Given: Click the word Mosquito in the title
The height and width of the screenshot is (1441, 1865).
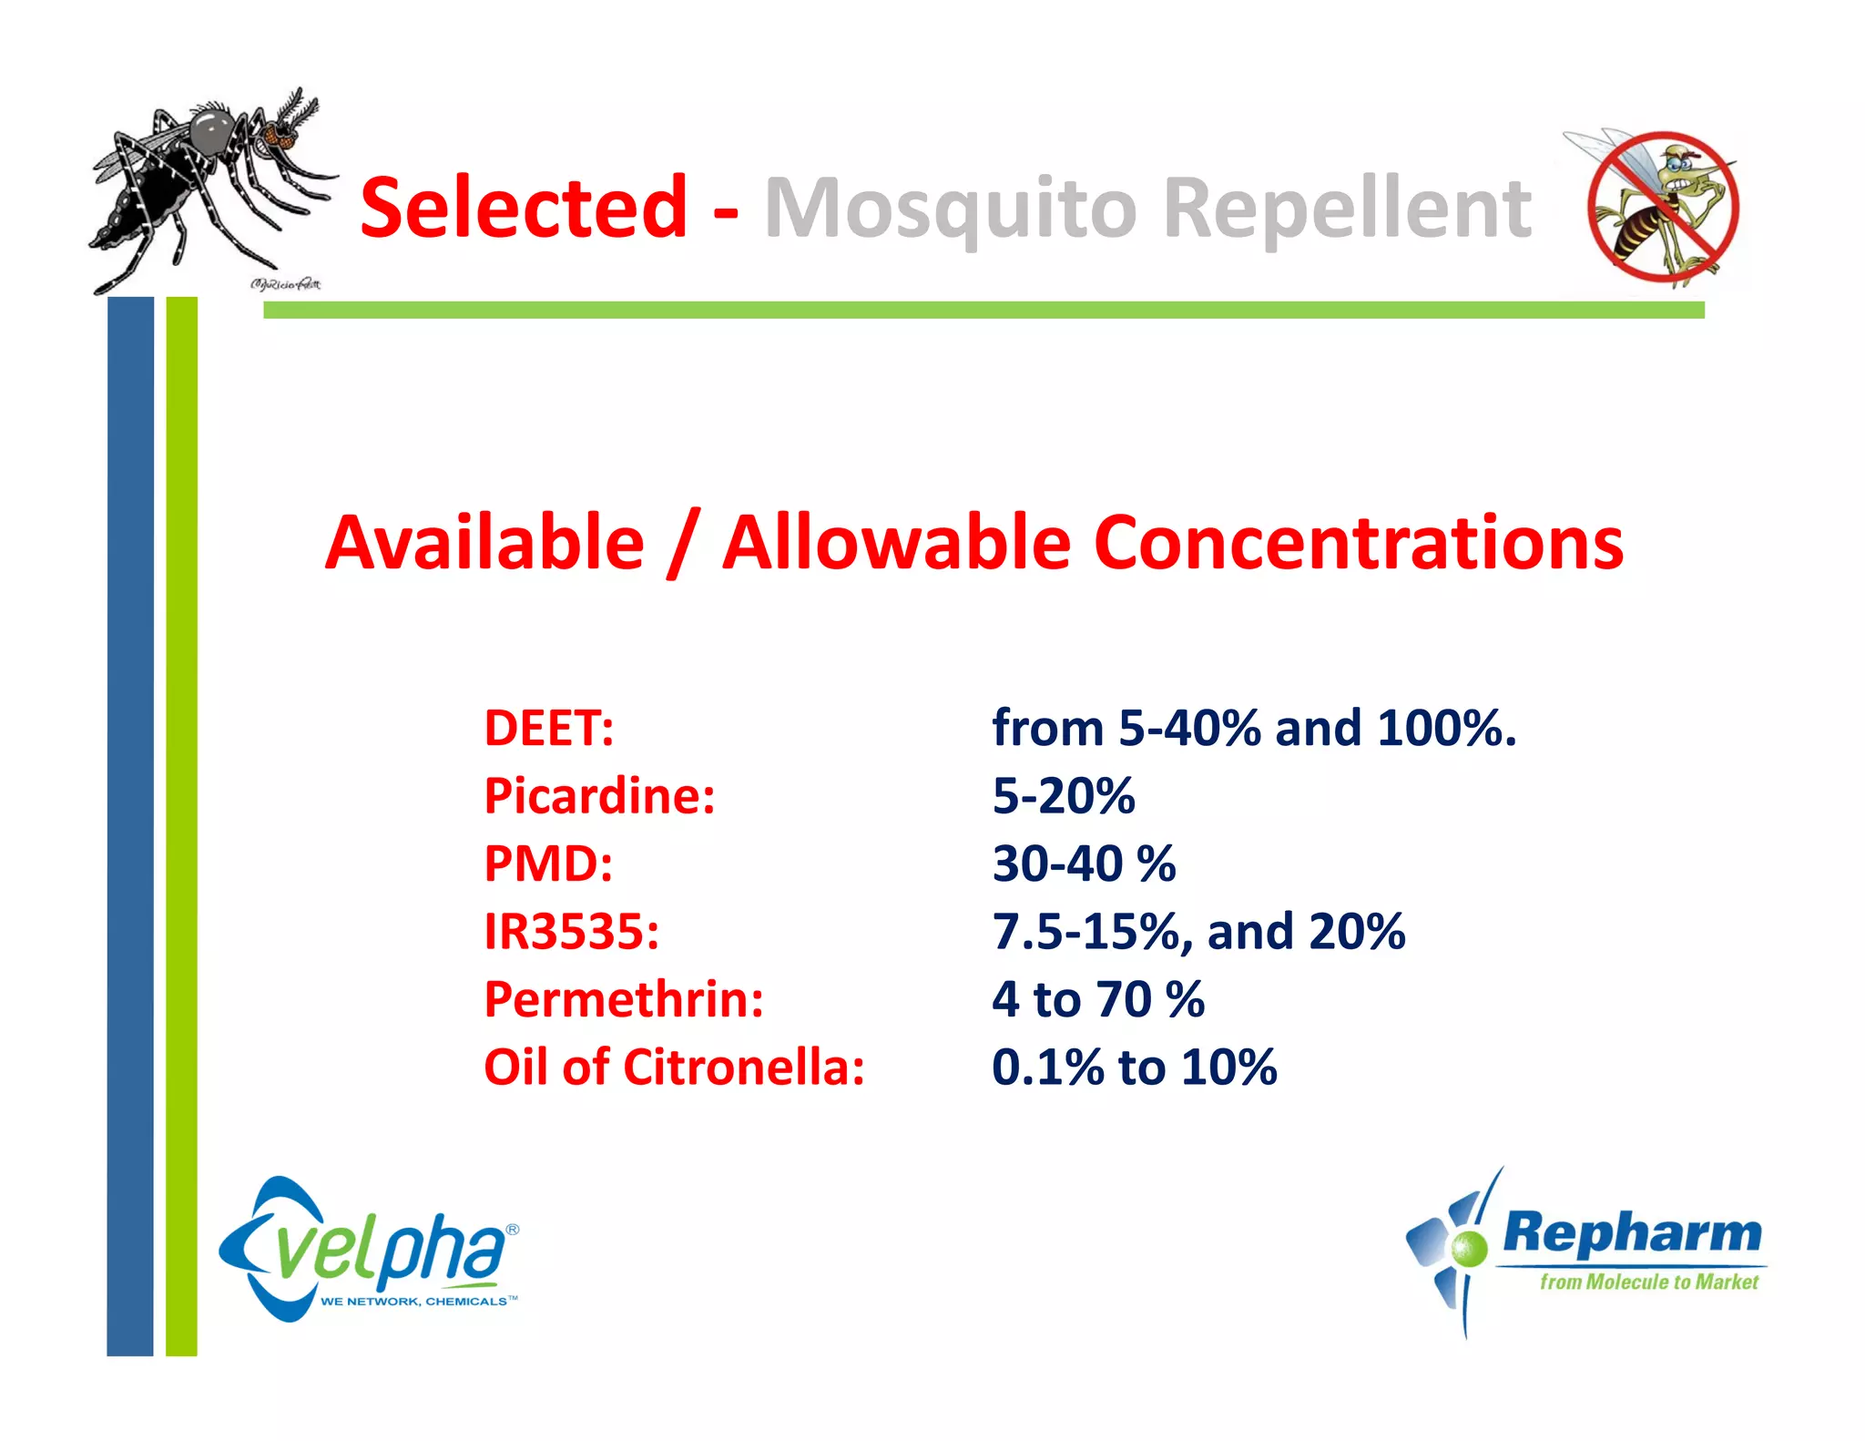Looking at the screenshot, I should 951,210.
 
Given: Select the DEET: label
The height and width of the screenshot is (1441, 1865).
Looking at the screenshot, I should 548,729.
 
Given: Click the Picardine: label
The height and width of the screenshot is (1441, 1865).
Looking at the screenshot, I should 599,796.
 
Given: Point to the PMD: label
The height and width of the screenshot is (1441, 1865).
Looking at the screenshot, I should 548,864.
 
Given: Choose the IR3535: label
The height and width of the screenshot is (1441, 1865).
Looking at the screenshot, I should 571,932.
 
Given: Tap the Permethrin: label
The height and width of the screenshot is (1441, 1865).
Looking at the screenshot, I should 624,999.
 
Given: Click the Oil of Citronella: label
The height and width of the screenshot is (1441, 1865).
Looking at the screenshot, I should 674,1067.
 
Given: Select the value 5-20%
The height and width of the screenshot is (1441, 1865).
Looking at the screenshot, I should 1063,796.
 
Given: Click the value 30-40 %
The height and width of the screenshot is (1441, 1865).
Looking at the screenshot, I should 1084,864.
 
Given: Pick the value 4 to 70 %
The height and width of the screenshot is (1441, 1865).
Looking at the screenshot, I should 1097,999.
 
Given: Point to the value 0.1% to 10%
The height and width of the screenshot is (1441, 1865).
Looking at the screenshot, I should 1134,1067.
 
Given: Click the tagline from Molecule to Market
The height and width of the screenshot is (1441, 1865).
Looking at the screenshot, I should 1648,1282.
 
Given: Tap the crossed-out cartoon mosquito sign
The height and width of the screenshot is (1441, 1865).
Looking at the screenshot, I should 1662,208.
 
